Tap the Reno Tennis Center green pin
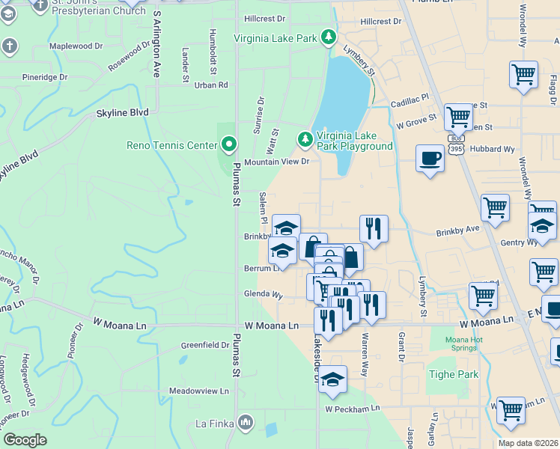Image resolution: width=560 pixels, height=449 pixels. tap(229, 144)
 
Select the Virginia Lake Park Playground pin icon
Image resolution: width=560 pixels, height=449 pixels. tap(305, 139)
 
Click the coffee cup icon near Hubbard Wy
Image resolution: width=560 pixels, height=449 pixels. tap(430, 159)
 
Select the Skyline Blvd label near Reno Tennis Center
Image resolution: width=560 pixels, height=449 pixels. tap(122, 112)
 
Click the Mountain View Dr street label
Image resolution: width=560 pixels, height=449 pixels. tap(276, 162)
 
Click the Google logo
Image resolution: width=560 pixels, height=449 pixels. tap(25, 440)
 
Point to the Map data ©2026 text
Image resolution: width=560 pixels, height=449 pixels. tap(527, 443)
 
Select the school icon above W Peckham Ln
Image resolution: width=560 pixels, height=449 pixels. tap(332, 379)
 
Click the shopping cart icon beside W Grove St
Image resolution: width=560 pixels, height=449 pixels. tap(458, 117)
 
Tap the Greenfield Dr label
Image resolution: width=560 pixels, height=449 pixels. tap(204, 345)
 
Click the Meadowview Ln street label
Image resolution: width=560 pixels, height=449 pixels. tap(198, 391)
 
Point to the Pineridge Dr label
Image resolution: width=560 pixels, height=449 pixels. tap(45, 76)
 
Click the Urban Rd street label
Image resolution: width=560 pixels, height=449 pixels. tap(211, 85)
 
